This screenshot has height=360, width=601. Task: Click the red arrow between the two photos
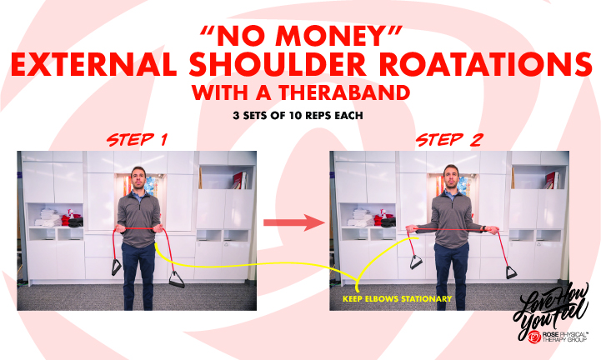pyautogui.click(x=292, y=222)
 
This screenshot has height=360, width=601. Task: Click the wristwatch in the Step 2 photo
pyautogui.click(x=484, y=227)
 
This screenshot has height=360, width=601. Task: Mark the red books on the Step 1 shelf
pyautogui.click(x=240, y=180)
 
